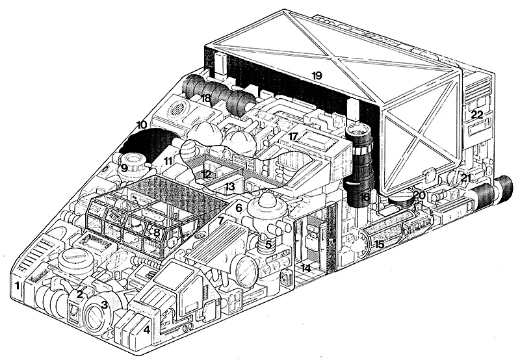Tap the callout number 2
click(x=79, y=294)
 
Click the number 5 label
click(x=268, y=244)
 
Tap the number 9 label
click(x=123, y=168)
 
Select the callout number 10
click(x=141, y=124)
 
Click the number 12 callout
click(x=206, y=174)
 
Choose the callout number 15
click(x=379, y=244)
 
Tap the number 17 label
click(x=294, y=136)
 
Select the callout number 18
click(x=206, y=98)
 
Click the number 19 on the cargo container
click(x=317, y=75)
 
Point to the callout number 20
click(x=419, y=194)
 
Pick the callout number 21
click(x=465, y=177)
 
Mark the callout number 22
click(x=478, y=114)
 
